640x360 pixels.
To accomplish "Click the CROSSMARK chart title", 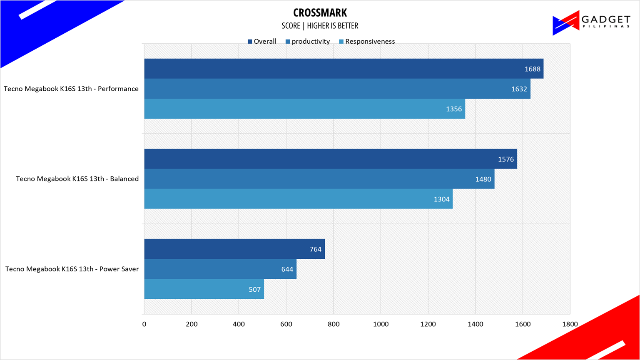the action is [320, 13].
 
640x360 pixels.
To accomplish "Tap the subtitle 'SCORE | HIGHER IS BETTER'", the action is [320, 26].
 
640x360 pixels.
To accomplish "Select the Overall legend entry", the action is [262, 41].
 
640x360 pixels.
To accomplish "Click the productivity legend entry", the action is [308, 41].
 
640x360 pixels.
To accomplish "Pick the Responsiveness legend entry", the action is [367, 41].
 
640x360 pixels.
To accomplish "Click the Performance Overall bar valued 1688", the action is [344, 69].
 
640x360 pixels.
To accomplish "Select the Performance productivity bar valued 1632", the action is [337, 89].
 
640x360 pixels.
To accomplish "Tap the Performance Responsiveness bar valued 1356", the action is [304, 109].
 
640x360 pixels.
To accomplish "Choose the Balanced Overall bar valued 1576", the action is [331, 159].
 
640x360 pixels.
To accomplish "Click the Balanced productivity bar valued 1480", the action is [319, 179].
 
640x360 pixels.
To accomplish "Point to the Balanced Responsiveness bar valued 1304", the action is [299, 199].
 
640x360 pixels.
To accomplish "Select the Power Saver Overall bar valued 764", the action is [234, 249].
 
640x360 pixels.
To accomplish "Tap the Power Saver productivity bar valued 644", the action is [220, 269].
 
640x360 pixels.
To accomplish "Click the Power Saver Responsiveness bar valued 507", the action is [204, 289].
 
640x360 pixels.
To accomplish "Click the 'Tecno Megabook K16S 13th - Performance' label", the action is [71, 89].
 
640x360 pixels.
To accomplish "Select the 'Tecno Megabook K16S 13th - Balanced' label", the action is [77, 179].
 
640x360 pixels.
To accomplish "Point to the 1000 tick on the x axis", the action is [381, 324].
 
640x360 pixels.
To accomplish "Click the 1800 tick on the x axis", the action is [570, 324].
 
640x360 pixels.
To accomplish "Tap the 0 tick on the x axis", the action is [144, 324].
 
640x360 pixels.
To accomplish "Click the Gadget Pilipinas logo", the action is [591, 22].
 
